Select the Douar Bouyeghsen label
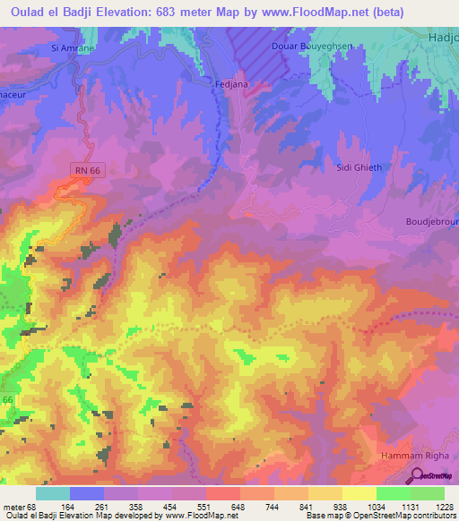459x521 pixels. click(x=309, y=45)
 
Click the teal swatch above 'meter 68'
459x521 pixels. click(x=53, y=493)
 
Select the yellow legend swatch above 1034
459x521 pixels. click(x=359, y=493)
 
